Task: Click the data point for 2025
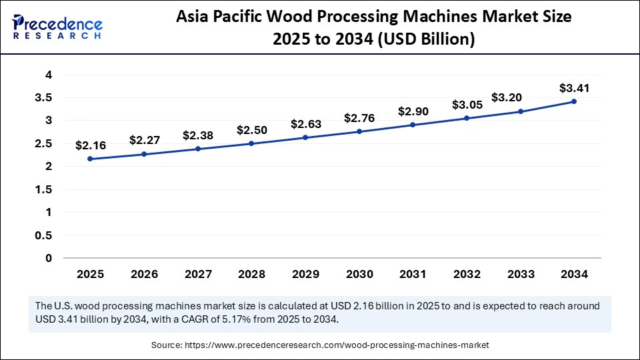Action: (90, 159)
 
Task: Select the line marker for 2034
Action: (574, 101)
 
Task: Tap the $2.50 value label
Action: (251, 129)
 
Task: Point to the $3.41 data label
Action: (574, 87)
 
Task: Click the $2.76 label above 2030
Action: (359, 118)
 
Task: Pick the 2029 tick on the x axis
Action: (305, 273)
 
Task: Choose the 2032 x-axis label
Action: (466, 273)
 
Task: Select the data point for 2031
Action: (413, 125)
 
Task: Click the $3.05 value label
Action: (466, 105)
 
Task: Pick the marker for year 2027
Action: (197, 149)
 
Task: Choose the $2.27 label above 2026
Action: (143, 140)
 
